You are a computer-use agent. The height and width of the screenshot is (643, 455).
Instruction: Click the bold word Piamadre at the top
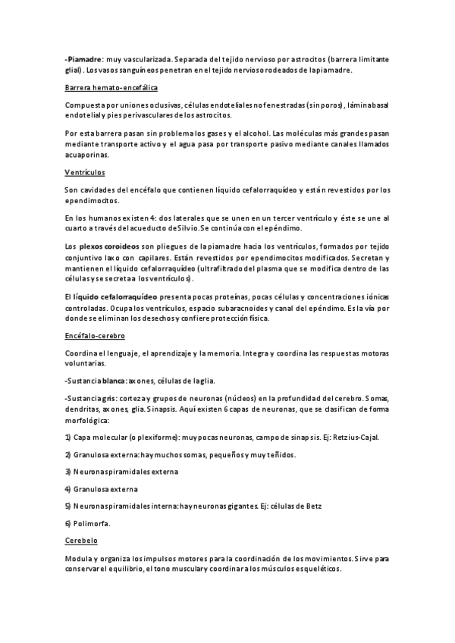coord(83,59)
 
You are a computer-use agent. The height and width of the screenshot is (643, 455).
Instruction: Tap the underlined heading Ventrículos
coord(85,172)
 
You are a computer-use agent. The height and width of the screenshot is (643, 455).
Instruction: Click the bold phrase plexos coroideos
coord(109,247)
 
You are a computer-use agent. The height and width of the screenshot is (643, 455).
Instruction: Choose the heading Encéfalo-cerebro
coord(95,334)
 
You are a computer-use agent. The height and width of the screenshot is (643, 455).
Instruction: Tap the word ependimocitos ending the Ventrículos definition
coord(92,201)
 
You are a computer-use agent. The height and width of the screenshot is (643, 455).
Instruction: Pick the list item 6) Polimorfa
coord(88,523)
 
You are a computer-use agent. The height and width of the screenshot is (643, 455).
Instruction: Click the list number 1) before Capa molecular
coord(68,438)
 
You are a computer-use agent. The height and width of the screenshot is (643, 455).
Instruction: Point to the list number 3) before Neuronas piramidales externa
coord(68,472)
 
